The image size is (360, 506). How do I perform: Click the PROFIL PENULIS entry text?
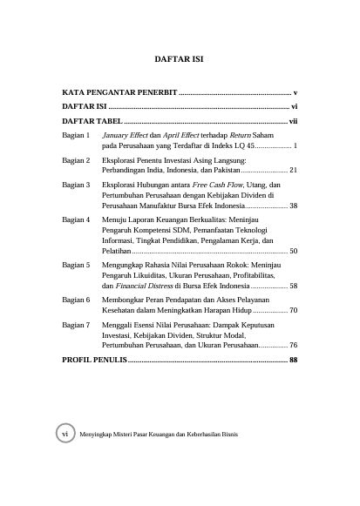click(94, 359)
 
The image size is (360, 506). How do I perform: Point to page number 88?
click(294, 359)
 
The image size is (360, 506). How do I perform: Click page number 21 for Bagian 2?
click(294, 170)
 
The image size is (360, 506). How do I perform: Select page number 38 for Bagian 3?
click(294, 206)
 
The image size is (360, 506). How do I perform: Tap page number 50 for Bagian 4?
click(294, 250)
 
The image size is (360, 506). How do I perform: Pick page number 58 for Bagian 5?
click(294, 286)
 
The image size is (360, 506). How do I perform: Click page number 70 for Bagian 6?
click(294, 309)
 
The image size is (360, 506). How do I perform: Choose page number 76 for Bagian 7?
click(294, 345)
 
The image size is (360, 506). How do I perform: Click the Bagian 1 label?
click(77, 137)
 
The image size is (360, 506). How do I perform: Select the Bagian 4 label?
click(77, 220)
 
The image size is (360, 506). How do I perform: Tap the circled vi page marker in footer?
click(63, 457)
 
